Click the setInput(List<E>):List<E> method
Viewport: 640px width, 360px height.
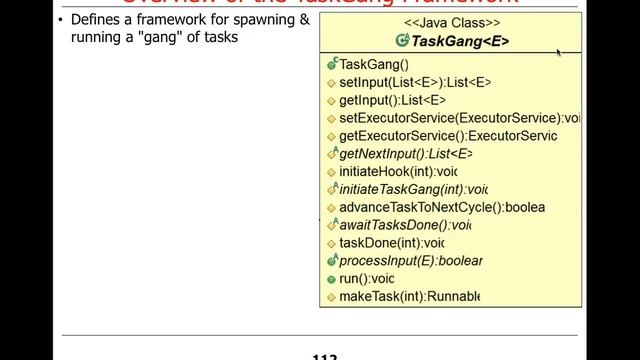tap(415, 82)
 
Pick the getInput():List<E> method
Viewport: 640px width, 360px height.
tap(392, 100)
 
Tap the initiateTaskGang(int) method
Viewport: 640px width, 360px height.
tap(413, 189)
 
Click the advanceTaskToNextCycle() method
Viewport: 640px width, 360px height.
tap(441, 207)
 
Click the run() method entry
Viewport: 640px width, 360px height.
tap(366, 279)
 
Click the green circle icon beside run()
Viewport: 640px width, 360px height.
tap(331, 279)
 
